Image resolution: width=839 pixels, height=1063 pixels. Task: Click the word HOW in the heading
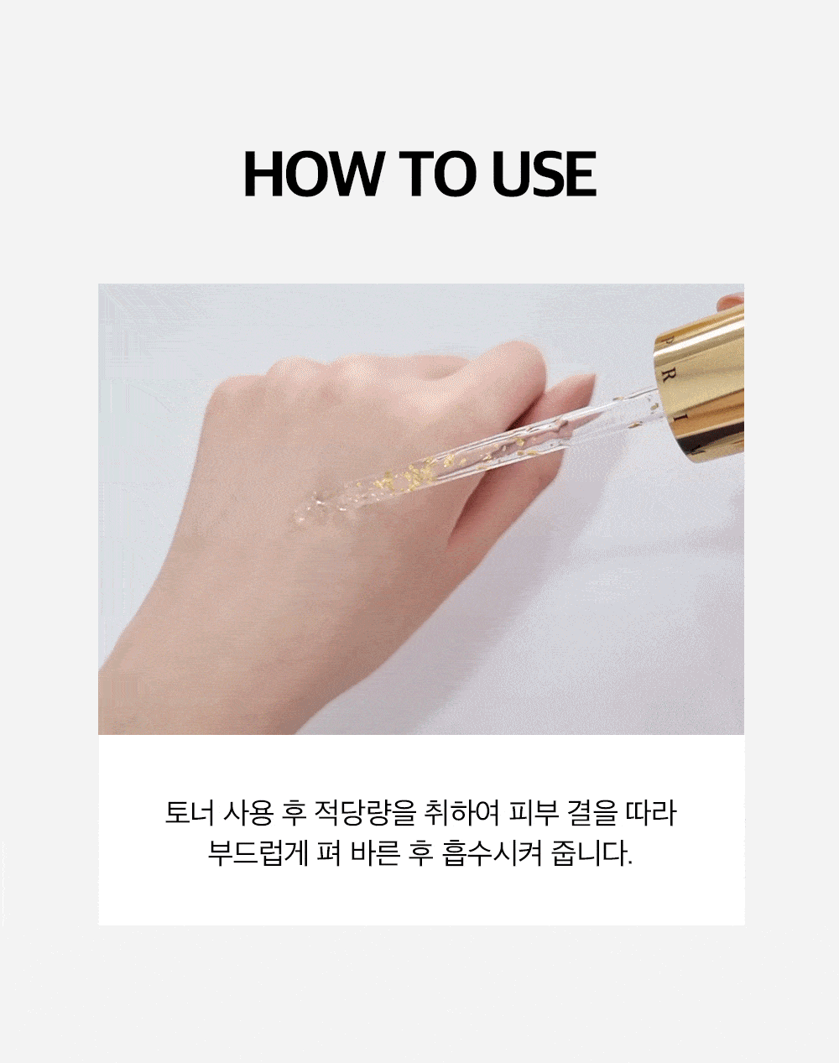click(x=313, y=174)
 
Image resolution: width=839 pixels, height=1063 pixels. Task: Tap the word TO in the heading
click(x=434, y=174)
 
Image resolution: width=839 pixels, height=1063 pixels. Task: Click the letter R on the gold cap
click(x=668, y=377)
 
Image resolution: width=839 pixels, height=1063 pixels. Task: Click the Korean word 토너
click(x=190, y=813)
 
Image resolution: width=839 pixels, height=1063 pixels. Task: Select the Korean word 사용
click(x=248, y=813)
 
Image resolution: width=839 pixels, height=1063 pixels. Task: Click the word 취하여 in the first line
click(x=462, y=813)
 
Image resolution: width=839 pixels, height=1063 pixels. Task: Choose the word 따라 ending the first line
click(x=650, y=813)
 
